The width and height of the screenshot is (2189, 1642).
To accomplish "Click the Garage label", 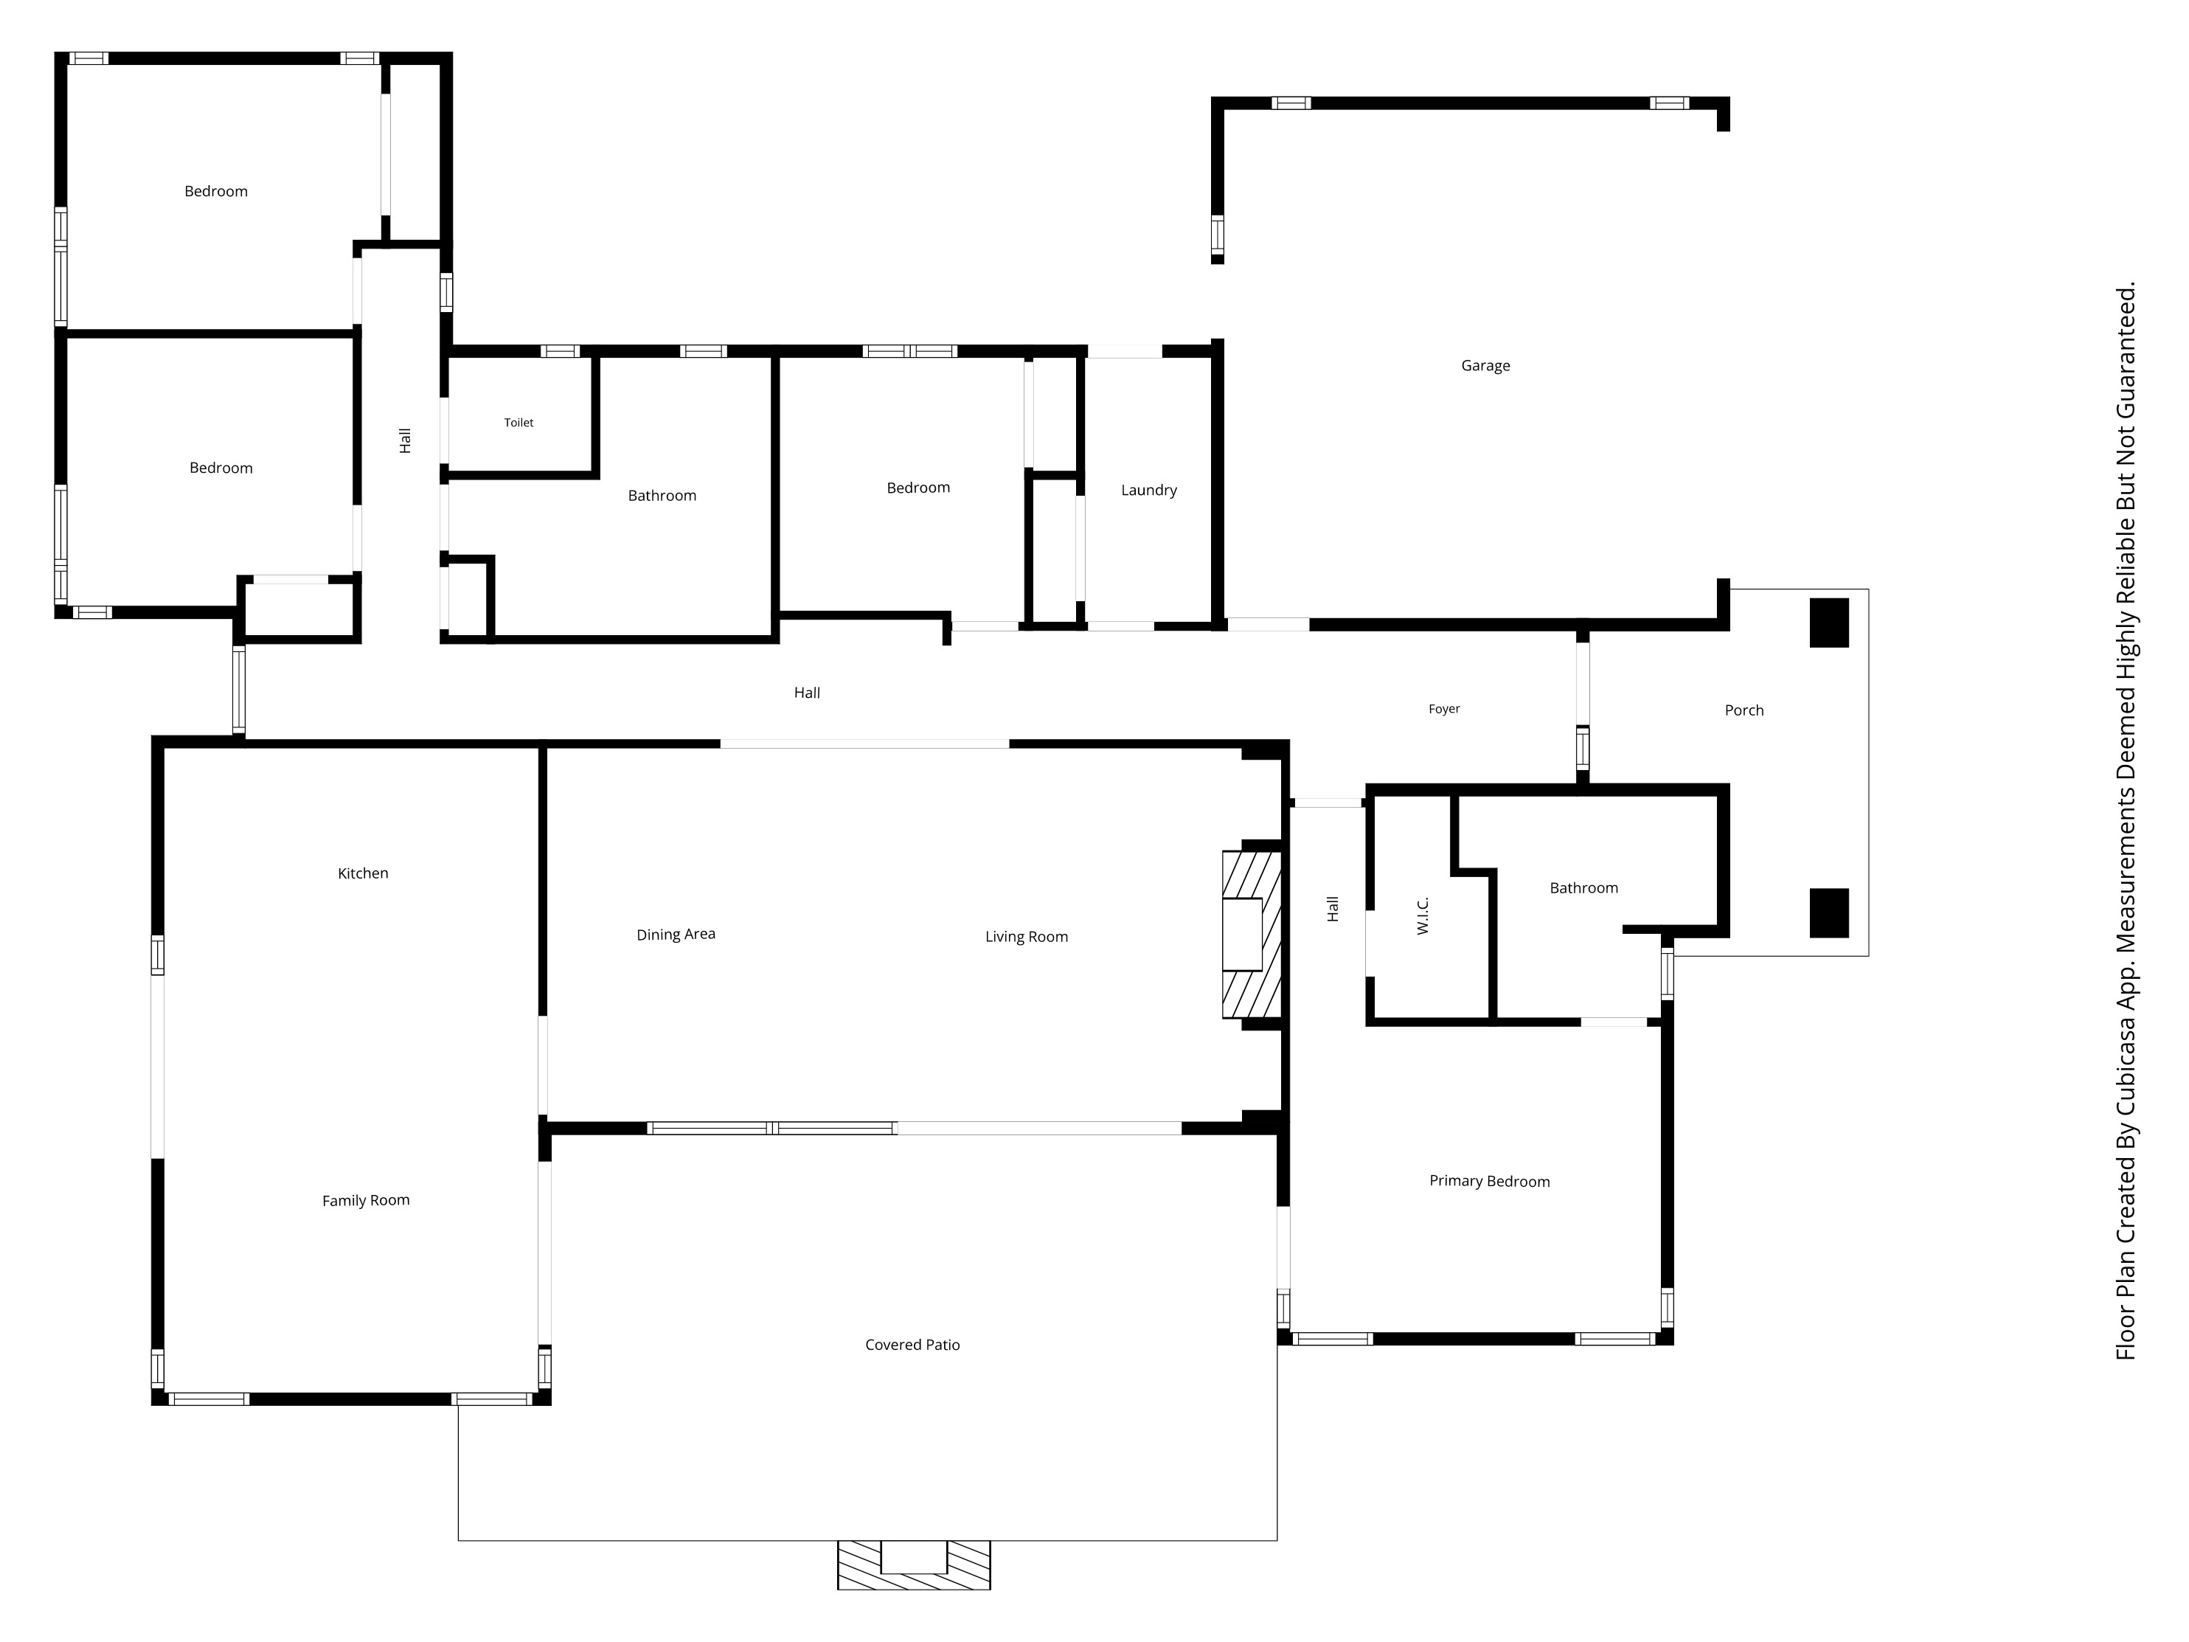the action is click(1485, 365).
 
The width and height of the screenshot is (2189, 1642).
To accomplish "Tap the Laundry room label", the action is click(1149, 490).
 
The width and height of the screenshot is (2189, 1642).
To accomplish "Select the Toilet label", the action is click(518, 423).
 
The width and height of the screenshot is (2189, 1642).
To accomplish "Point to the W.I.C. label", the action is click(1423, 915).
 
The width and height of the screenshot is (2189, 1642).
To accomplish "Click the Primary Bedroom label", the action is click(1489, 1181).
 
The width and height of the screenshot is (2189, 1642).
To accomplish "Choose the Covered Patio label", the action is click(912, 1344).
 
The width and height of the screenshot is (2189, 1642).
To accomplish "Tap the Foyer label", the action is click(1444, 709).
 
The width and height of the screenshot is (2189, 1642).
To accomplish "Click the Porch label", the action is click(1744, 710).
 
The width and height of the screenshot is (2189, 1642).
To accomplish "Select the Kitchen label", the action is click(363, 873).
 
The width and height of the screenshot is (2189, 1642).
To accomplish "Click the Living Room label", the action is click(1026, 936).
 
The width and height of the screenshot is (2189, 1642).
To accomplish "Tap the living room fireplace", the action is click(1252, 935).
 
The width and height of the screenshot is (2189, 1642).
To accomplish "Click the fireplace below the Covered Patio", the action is click(913, 1565).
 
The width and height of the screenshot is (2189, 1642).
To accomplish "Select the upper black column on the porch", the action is click(1829, 623).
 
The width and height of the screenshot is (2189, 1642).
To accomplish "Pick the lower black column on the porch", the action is click(1829, 912).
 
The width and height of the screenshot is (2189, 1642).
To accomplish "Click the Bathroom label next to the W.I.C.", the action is click(1583, 888).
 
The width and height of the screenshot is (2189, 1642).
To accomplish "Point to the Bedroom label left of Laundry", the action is click(918, 487).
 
